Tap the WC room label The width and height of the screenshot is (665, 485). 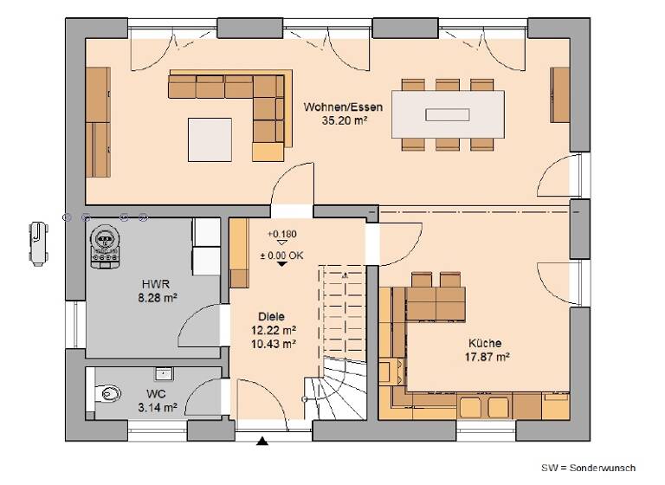(x=156, y=392)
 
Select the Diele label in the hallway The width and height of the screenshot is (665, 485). (x=270, y=317)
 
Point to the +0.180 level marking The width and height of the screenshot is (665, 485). (x=281, y=234)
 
